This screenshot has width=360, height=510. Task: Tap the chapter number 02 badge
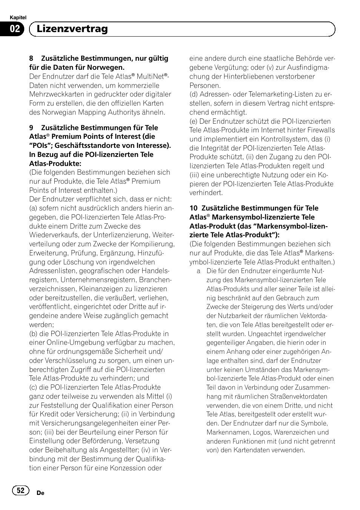pyautogui.click(x=15, y=29)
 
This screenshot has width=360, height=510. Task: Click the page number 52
pyautogui.click(x=21, y=490)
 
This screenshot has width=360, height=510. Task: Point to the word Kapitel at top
pyautogui.click(x=18, y=18)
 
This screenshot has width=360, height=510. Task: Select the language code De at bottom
pyautogui.click(x=41, y=493)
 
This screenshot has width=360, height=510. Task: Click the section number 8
pyautogui.click(x=31, y=58)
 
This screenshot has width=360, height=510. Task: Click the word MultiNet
pyautogui.click(x=150, y=77)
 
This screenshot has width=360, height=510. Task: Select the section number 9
pyautogui.click(x=31, y=128)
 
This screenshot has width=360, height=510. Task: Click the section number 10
pyautogui.click(x=193, y=208)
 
